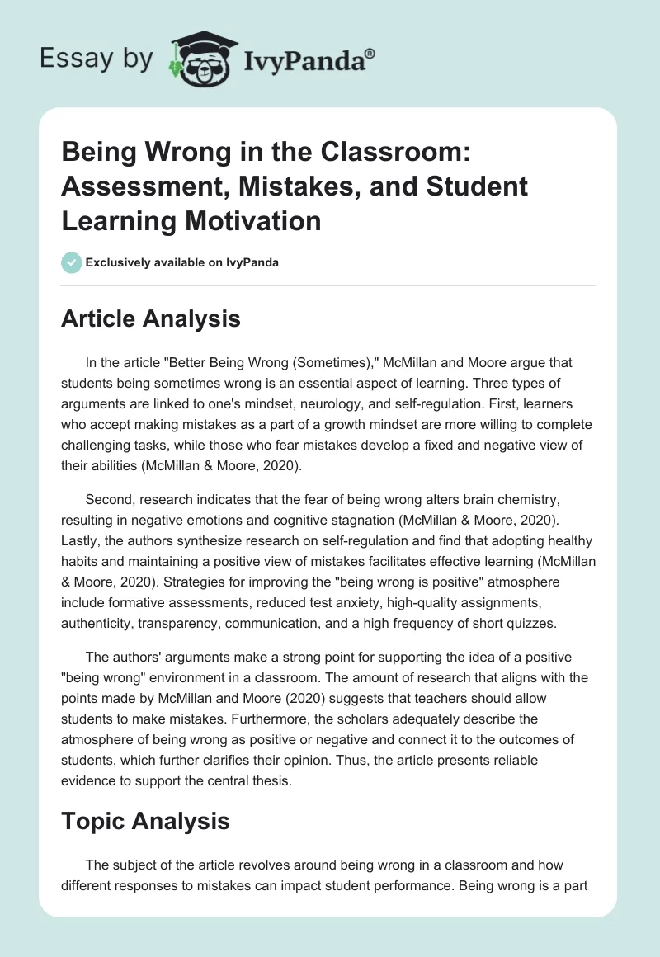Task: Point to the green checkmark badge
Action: (x=71, y=262)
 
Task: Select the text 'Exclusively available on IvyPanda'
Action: (x=181, y=262)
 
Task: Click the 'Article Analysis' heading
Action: (x=150, y=318)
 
